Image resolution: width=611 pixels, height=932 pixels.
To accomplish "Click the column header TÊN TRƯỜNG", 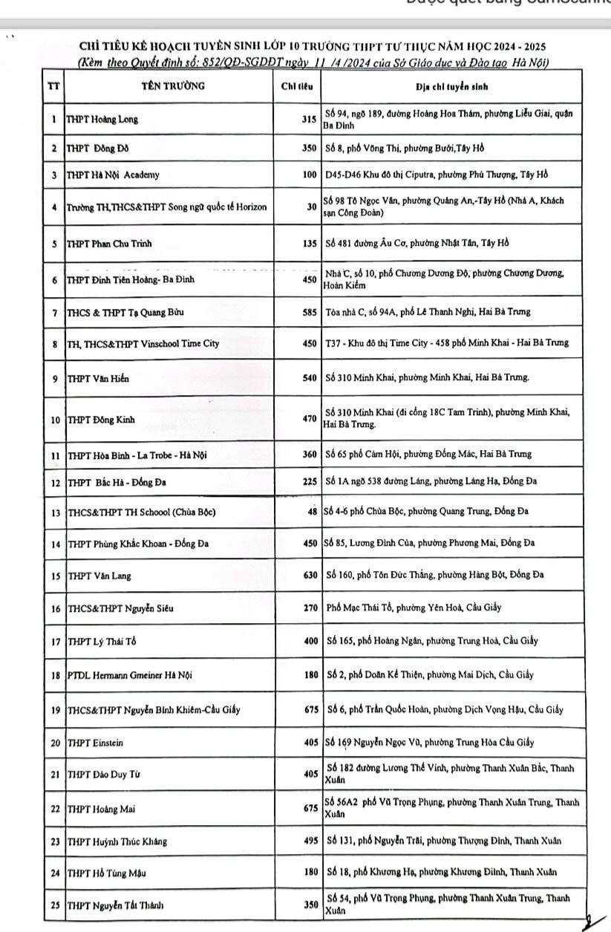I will [x=173, y=86].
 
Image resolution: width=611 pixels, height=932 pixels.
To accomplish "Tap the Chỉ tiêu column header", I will [x=297, y=86].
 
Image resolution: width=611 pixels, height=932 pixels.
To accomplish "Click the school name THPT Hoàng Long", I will [x=102, y=120].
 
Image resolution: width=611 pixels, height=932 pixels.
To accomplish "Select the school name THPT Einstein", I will [x=95, y=742].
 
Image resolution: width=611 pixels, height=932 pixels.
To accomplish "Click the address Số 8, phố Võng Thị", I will [x=405, y=148].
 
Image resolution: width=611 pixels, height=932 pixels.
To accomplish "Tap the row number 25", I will [x=54, y=905].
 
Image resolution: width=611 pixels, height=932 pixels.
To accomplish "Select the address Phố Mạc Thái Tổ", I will [x=414, y=607].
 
